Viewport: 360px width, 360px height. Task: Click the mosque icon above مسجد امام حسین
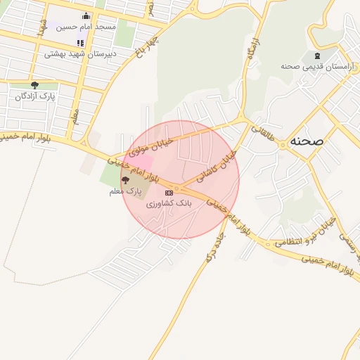(86, 15)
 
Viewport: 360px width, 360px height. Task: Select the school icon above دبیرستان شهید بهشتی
(80, 42)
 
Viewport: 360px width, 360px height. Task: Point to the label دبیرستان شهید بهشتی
(80, 53)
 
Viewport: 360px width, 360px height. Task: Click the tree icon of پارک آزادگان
(34, 85)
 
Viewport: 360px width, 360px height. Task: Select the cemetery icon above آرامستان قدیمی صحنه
(316, 56)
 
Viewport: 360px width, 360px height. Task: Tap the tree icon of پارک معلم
(125, 181)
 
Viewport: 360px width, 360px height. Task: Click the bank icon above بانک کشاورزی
(169, 192)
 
